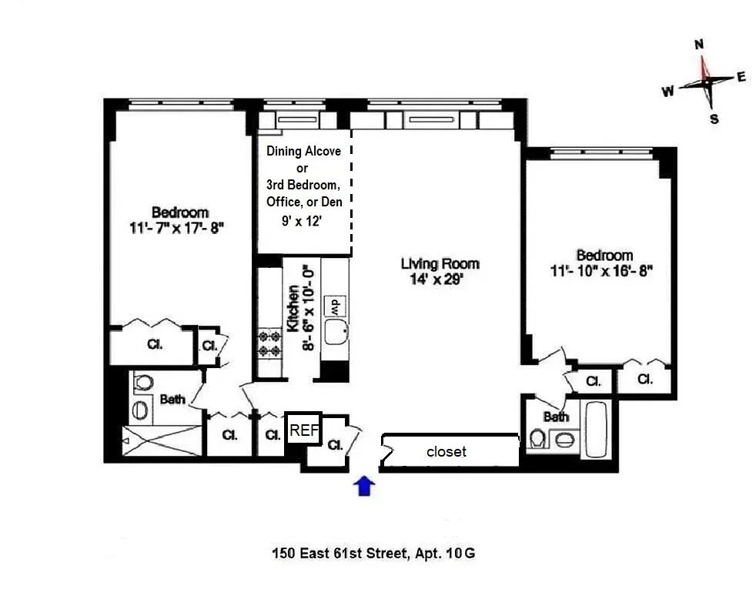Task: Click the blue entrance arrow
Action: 365,486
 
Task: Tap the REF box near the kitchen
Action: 303,431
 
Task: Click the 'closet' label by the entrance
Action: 447,452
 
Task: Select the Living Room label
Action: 440,264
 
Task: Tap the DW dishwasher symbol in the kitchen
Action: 336,305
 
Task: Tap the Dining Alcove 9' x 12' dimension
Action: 303,219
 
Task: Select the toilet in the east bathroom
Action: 537,439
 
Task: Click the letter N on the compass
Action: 699,45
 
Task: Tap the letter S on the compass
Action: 714,119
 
